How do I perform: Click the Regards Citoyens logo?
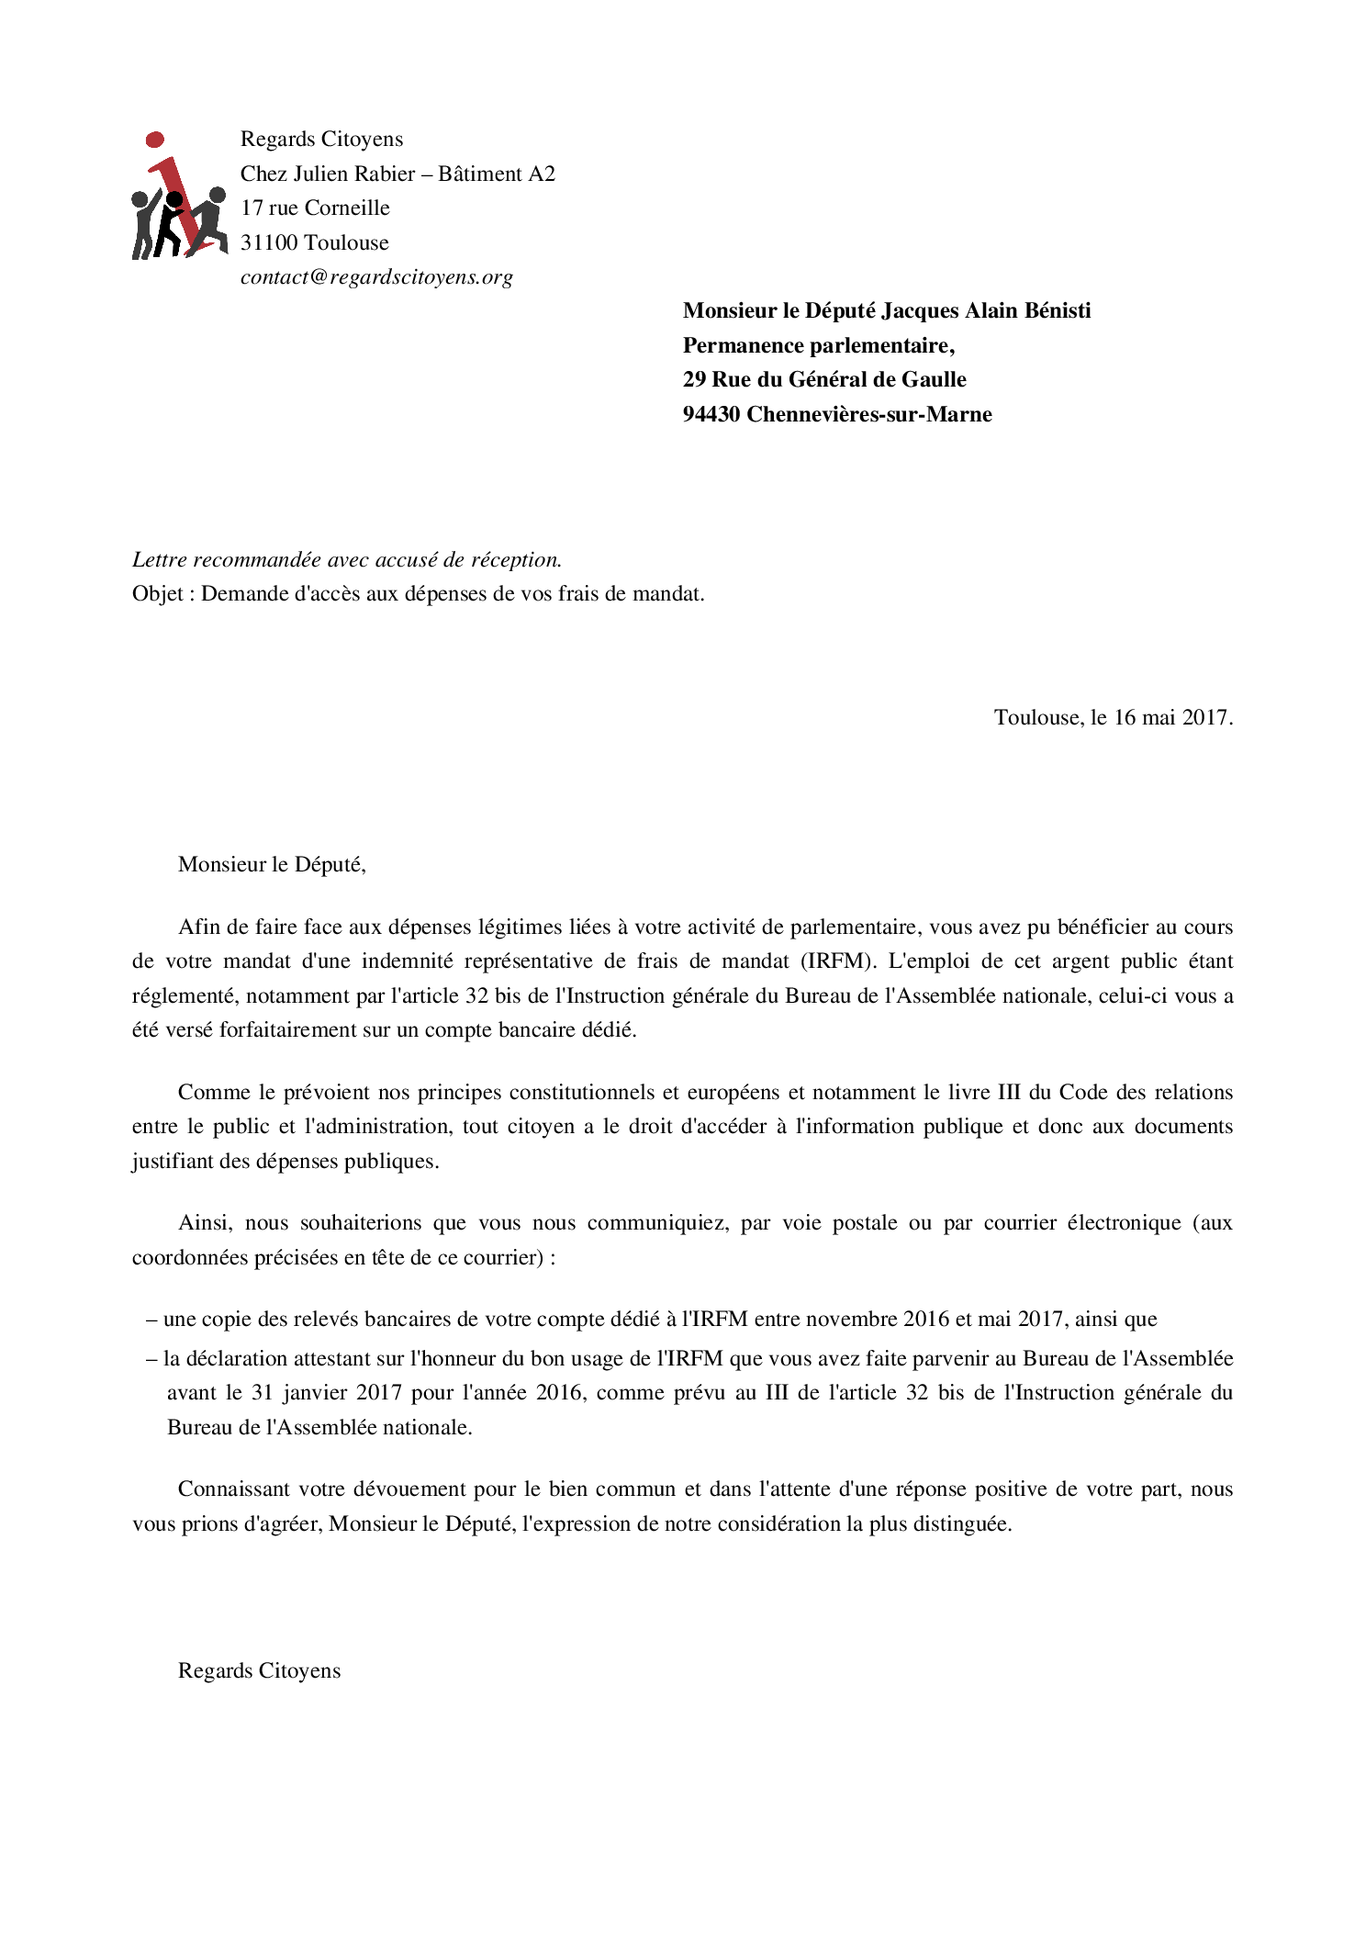(x=179, y=197)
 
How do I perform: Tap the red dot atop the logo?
(x=155, y=140)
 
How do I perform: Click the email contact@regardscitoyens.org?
(x=376, y=277)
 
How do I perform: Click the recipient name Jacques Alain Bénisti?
(x=986, y=311)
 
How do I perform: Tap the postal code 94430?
(x=711, y=415)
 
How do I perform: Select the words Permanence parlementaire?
(x=817, y=346)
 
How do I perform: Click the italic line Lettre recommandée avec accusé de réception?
(x=347, y=560)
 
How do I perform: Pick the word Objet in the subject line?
(x=157, y=594)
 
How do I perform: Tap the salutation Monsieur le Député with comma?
(x=272, y=865)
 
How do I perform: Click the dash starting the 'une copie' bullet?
(x=151, y=1320)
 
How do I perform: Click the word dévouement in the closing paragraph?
(x=409, y=1489)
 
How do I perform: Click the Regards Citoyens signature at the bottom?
(x=259, y=1671)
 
